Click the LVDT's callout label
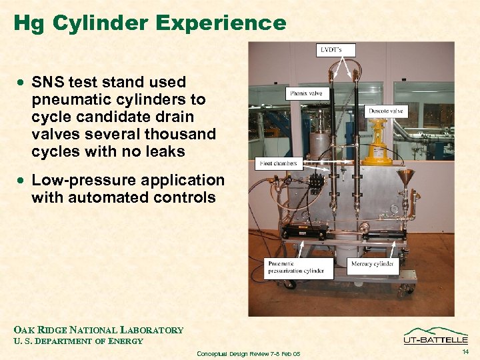(x=335, y=50)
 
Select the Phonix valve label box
(x=306, y=94)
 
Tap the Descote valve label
(x=385, y=111)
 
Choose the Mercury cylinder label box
(x=372, y=265)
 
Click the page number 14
(x=464, y=351)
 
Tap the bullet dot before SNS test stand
(x=23, y=83)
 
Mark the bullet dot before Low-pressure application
(x=23, y=181)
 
